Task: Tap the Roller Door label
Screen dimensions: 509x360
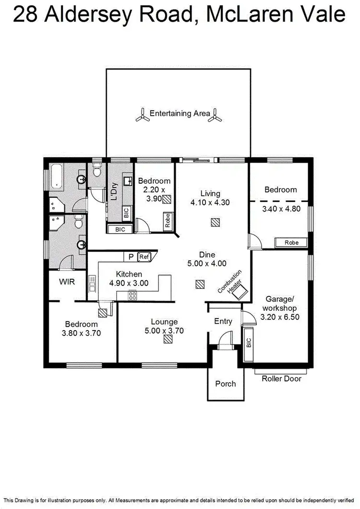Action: (x=282, y=379)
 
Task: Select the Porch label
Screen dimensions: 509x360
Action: (x=226, y=383)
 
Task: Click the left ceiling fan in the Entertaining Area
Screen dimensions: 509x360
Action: (x=142, y=114)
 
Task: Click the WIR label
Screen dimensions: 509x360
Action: (x=67, y=282)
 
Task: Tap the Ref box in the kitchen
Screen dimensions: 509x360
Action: (x=144, y=257)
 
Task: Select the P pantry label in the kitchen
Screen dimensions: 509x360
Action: (x=131, y=257)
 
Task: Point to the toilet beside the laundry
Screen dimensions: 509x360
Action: (x=97, y=170)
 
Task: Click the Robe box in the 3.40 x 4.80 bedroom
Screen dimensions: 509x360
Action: (x=291, y=243)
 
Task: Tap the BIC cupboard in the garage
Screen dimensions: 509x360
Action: (x=249, y=344)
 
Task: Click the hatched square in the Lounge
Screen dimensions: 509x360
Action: (x=168, y=340)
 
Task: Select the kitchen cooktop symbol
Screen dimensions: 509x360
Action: (x=132, y=296)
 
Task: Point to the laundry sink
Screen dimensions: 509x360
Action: (x=127, y=181)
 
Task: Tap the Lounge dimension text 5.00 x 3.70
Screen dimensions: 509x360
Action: (x=165, y=331)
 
